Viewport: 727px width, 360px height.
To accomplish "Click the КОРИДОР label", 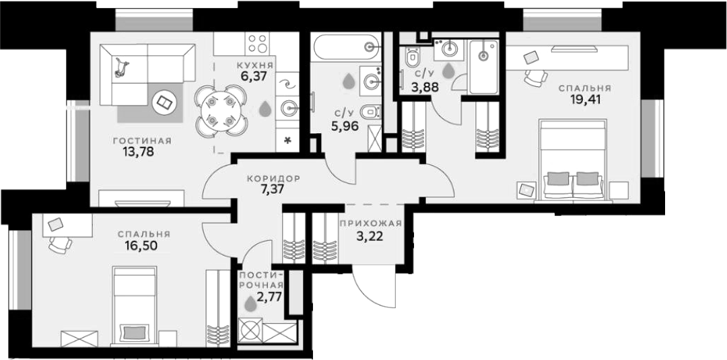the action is pyautogui.click(x=273, y=178).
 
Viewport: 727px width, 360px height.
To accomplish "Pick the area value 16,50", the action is pyautogui.click(x=141, y=245).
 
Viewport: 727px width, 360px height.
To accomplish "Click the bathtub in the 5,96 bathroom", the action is pyautogui.click(x=346, y=47).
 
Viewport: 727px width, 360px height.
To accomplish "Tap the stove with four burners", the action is pyautogui.click(x=258, y=44).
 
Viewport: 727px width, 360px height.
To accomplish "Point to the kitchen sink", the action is pyautogui.click(x=288, y=108).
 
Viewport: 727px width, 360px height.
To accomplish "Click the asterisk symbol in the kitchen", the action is pyautogui.click(x=287, y=140).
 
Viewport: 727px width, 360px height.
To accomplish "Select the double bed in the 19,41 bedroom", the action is pyautogui.click(x=574, y=161).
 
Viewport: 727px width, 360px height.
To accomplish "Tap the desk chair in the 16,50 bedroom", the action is pyautogui.click(x=61, y=245).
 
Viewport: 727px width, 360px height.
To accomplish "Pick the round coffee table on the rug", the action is pyautogui.click(x=165, y=102).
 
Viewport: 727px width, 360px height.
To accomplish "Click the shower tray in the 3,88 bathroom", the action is pyautogui.click(x=483, y=67).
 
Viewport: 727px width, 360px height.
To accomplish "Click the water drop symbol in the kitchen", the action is pyautogui.click(x=265, y=109).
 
